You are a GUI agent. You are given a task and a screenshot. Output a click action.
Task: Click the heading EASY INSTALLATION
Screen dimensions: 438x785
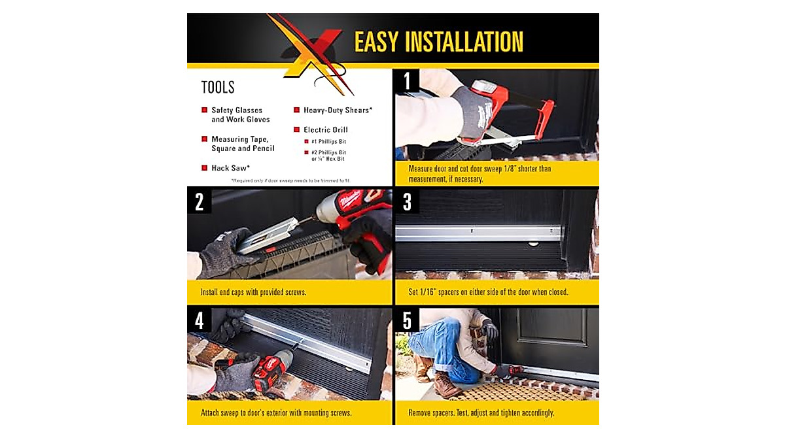point(438,42)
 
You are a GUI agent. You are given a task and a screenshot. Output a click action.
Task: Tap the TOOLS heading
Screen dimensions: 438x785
point(218,88)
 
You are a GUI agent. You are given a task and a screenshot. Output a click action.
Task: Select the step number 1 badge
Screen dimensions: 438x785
point(407,82)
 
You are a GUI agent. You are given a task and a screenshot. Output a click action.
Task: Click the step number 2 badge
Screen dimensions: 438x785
point(200,202)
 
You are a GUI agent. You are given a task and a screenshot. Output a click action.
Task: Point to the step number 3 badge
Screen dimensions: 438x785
point(407,202)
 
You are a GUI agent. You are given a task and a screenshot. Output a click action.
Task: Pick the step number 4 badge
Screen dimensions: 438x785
point(200,321)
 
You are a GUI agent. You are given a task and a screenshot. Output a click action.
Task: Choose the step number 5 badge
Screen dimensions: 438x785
point(407,321)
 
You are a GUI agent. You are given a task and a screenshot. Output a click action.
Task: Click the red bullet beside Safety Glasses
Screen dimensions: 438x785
point(205,110)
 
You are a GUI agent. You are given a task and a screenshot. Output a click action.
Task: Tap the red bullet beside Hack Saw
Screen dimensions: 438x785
point(205,168)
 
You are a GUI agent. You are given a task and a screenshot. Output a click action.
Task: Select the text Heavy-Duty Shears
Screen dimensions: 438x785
point(338,110)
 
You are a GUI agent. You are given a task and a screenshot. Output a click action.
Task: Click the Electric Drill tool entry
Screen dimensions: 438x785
point(325,130)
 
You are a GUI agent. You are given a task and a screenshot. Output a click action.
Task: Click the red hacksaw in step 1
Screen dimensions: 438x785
point(517,111)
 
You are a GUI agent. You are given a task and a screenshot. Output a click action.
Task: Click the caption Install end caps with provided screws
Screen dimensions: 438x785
point(254,292)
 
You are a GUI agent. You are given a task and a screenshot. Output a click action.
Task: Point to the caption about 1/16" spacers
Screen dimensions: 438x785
point(488,292)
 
